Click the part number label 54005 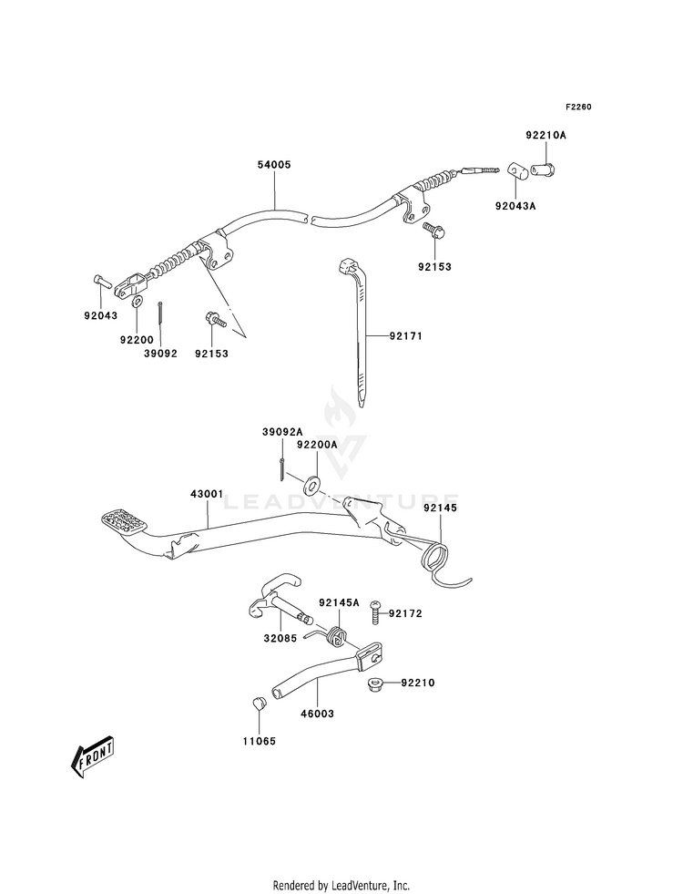click(x=274, y=165)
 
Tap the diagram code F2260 click(x=578, y=107)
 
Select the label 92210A click(x=545, y=135)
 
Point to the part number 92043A click(x=515, y=206)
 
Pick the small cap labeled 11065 click(x=259, y=702)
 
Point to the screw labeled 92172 click(x=375, y=611)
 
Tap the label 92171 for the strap click(x=406, y=336)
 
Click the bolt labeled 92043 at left click(x=99, y=281)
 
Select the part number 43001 click(x=207, y=494)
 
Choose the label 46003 click(x=317, y=714)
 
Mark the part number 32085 click(x=280, y=639)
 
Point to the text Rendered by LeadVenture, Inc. click(x=341, y=886)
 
